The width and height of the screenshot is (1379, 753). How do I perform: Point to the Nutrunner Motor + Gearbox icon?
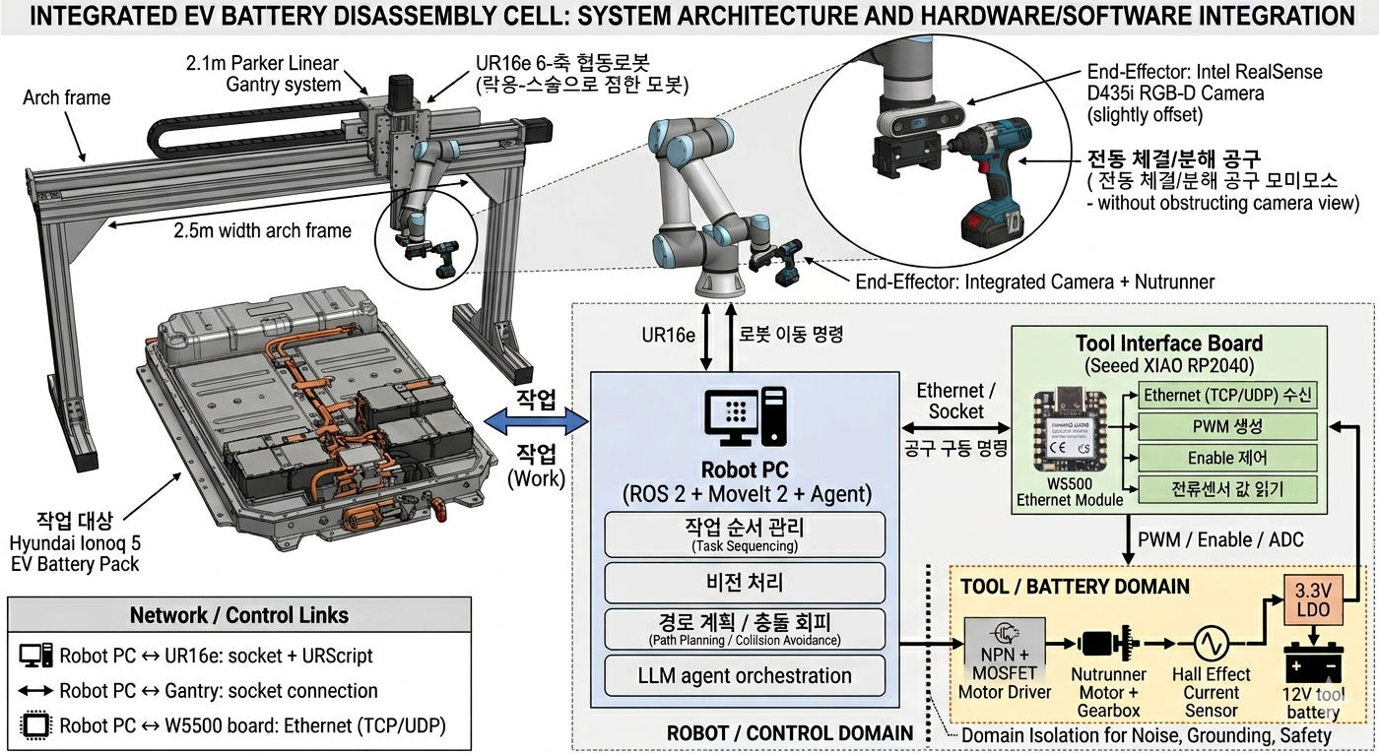pyautogui.click(x=1109, y=645)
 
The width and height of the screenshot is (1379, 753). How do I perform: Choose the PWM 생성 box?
pyautogui.click(x=1225, y=426)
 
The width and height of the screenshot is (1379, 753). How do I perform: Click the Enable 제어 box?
pyautogui.click(x=1225, y=458)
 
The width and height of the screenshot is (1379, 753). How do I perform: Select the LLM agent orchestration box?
pyautogui.click(x=745, y=676)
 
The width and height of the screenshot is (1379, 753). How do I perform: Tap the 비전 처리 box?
pyautogui.click(x=745, y=581)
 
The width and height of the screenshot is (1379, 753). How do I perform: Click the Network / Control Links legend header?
pyautogui.click(x=239, y=616)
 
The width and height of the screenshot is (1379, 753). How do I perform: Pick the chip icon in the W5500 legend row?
pyautogui.click(x=35, y=726)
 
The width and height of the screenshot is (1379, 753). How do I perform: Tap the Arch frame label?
pyautogui.click(x=67, y=97)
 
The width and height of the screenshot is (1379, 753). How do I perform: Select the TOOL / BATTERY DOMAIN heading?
pyautogui.click(x=1075, y=587)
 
